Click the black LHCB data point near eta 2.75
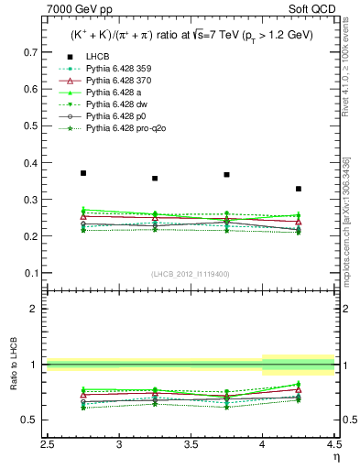(x=83, y=173)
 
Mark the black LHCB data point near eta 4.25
(x=299, y=189)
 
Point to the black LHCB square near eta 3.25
(x=155, y=179)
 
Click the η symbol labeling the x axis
(x=336, y=456)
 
